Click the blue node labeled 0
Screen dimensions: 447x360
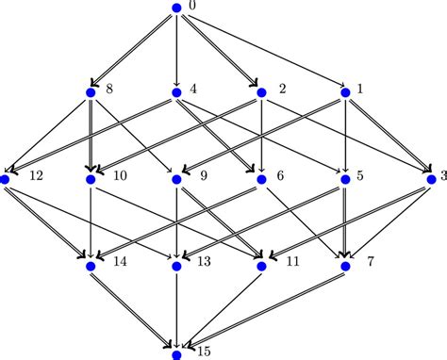tap(176, 8)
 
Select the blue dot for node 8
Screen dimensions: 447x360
tap(91, 92)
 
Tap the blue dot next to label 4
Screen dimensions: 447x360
tap(176, 92)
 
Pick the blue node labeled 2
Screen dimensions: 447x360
tap(261, 92)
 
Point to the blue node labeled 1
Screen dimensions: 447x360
tap(346, 92)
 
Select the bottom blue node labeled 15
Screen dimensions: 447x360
tap(176, 354)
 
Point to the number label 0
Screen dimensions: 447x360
tap(191, 8)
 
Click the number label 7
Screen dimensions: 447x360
tap(371, 260)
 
